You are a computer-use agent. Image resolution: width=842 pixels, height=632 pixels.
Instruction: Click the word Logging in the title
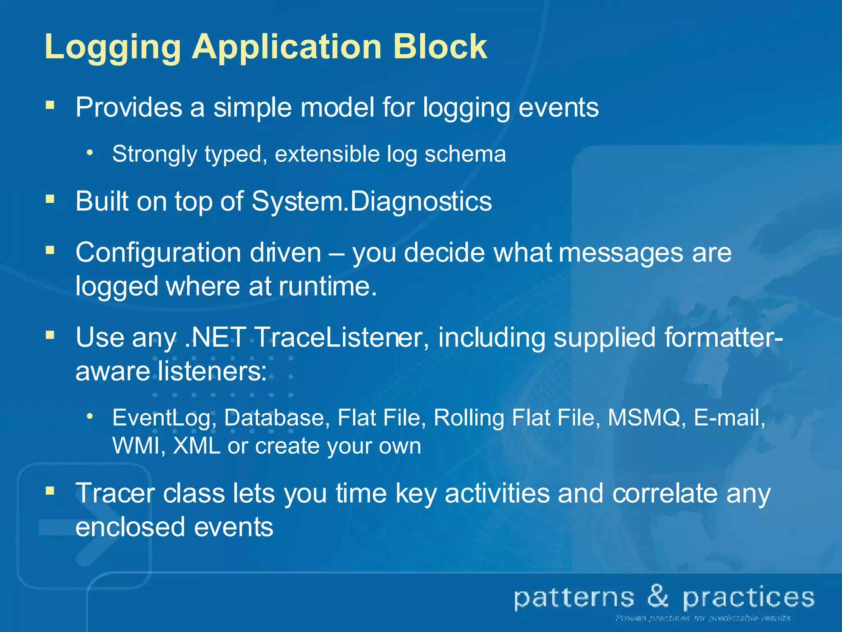pyautogui.click(x=112, y=47)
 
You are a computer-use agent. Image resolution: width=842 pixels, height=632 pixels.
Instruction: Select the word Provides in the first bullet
pyautogui.click(x=128, y=108)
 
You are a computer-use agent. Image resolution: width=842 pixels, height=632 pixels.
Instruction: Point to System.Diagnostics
pyautogui.click(x=371, y=202)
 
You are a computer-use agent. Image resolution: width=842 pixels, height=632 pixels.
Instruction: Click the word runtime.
pyautogui.click(x=327, y=286)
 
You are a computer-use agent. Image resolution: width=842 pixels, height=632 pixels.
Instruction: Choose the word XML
pyautogui.click(x=197, y=446)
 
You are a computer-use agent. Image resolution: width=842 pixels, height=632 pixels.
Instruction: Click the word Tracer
pyautogui.click(x=115, y=493)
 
